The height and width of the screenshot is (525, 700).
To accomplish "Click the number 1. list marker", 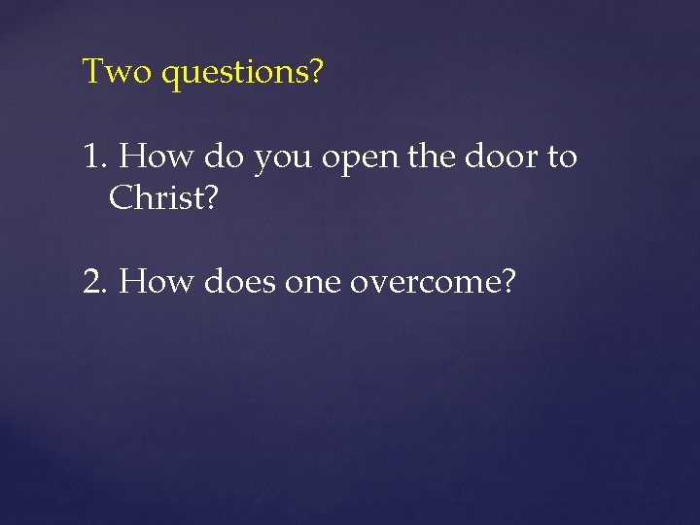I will (x=97, y=156).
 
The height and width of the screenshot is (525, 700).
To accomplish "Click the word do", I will (x=223, y=156).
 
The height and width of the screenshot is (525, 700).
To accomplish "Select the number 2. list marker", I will (x=97, y=282).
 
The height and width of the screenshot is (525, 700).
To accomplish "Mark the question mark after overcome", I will (x=506, y=282).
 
